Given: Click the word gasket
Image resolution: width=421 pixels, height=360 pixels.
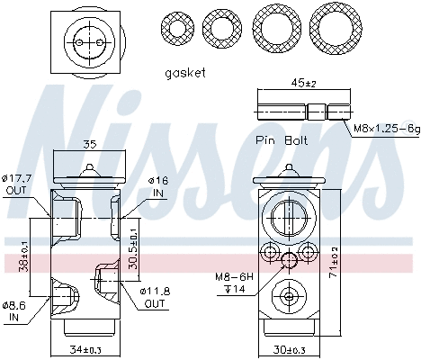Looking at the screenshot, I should [x=185, y=72].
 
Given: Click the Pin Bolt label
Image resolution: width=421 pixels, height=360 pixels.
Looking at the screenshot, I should [x=281, y=140].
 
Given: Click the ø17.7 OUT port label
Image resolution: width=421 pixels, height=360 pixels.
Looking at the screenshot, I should [x=18, y=183].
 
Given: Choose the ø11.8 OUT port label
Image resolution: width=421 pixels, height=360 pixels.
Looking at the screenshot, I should [x=156, y=297].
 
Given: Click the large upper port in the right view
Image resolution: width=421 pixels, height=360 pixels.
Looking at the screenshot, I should [x=287, y=217].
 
